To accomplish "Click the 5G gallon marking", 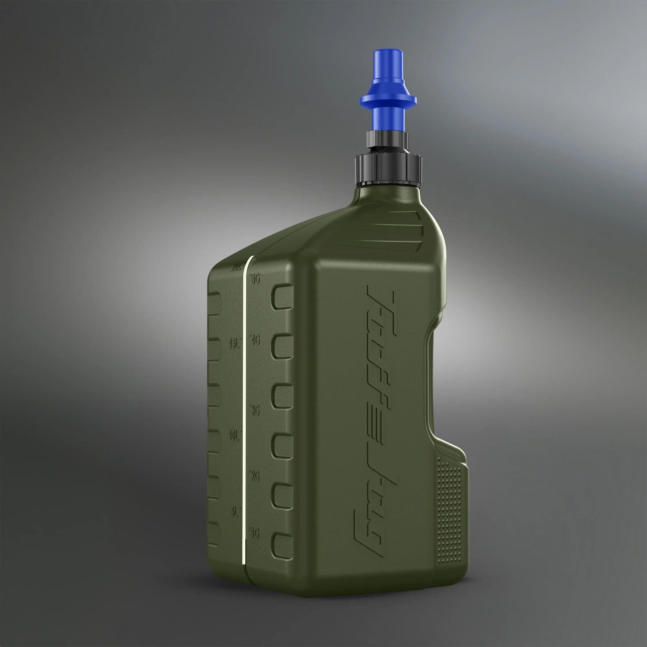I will (256, 279).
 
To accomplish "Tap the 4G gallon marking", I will (256, 340).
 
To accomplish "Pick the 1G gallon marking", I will (255, 534).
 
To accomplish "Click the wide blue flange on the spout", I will (388, 100).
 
